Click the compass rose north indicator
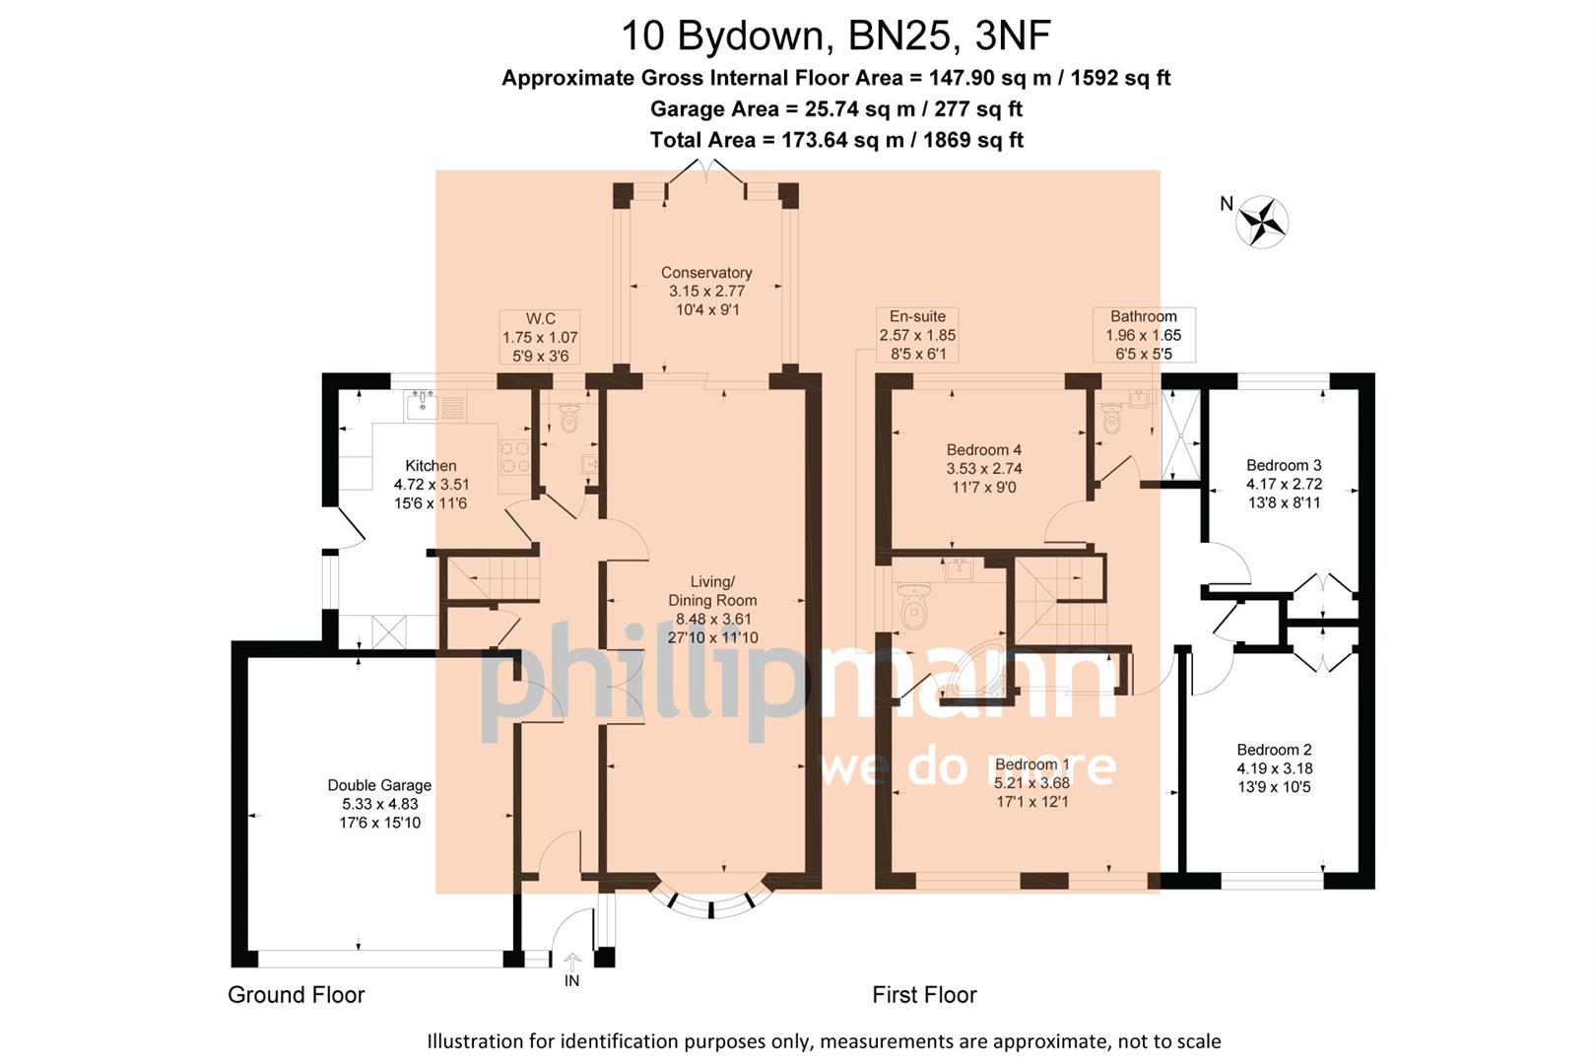(1261, 221)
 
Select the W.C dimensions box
(540, 337)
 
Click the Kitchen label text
(431, 466)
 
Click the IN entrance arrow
(572, 962)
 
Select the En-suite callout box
(917, 335)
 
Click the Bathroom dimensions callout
(1143, 335)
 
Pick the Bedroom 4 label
(983, 450)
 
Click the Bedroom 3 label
(1283, 466)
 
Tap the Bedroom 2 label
(1274, 751)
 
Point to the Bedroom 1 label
(1031, 765)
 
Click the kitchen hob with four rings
(515, 456)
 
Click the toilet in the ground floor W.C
(568, 420)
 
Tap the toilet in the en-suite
(914, 606)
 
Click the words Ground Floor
(296, 995)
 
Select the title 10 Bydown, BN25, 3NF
(835, 36)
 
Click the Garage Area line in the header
(835, 108)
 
